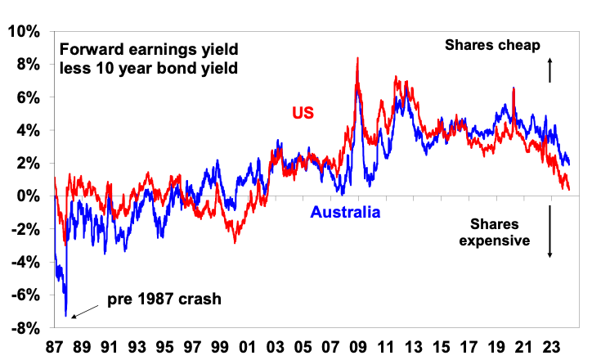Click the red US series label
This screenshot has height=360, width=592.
304,112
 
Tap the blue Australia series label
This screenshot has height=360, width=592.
345,214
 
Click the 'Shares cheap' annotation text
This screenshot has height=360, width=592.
492,45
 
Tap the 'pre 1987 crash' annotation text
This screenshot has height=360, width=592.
164,299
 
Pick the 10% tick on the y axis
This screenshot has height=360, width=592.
24,31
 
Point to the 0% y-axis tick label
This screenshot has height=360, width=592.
28,196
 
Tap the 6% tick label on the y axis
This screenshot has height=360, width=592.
28,97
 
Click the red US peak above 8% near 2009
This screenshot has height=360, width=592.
357,59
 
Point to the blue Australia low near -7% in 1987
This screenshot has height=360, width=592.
65,315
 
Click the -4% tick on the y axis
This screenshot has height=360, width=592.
24,262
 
